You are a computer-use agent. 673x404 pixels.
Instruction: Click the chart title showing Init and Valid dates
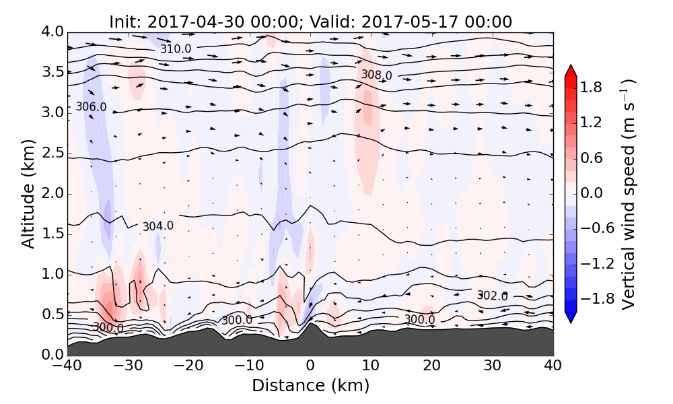(310, 22)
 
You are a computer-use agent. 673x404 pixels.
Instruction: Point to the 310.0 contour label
(176, 49)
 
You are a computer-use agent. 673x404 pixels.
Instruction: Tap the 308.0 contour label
(376, 75)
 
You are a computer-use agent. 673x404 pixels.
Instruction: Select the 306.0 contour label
(91, 107)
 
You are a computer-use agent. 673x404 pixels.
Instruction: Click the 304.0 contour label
(157, 226)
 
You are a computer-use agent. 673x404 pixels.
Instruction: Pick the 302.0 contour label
(492, 296)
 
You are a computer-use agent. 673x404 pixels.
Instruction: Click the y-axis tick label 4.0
(52, 32)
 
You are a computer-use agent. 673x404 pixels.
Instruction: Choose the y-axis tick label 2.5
(52, 153)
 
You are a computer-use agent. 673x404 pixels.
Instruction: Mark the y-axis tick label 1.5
(52, 234)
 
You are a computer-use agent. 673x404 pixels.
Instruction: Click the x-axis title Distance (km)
(310, 386)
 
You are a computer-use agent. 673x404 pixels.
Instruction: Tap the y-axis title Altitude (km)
(28, 193)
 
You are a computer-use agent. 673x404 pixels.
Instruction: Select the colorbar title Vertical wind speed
(628, 194)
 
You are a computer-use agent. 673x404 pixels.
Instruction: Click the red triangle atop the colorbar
(571, 70)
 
